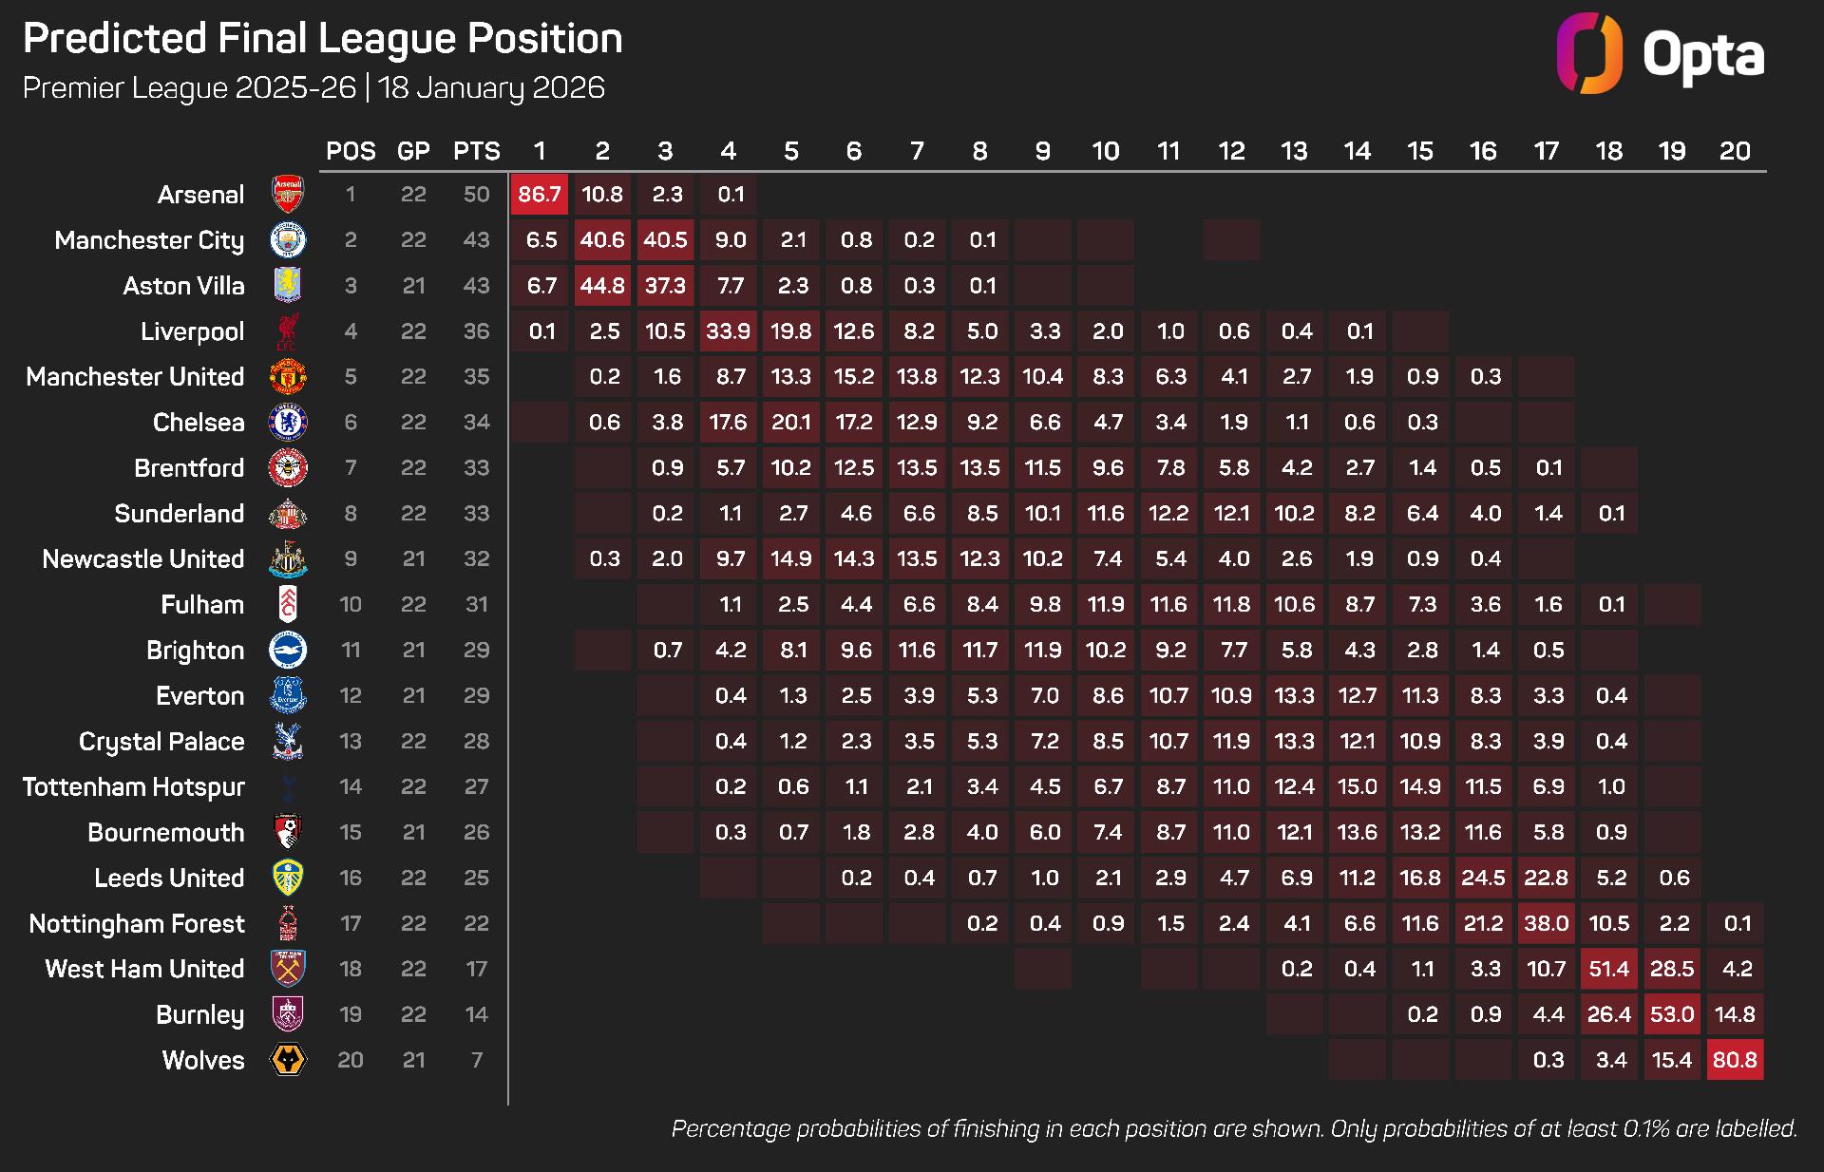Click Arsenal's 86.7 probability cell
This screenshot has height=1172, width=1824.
point(540,195)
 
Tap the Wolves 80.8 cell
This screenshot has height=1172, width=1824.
point(1735,1060)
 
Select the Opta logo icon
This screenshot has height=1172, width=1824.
point(1589,53)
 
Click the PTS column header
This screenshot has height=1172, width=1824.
point(476,151)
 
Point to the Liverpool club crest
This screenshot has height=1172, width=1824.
point(288,331)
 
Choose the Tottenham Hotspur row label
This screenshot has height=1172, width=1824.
point(134,787)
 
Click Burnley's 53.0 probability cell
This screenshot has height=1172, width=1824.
point(1672,1014)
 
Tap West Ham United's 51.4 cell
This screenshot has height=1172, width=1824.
point(1609,969)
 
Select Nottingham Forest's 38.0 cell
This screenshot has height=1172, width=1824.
point(1546,923)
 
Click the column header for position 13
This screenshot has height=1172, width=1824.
point(1294,151)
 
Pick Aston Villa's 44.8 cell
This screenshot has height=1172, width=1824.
point(602,286)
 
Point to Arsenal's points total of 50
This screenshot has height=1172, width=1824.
point(476,195)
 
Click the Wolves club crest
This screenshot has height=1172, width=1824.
point(288,1060)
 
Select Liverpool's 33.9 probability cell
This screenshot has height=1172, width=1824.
point(728,331)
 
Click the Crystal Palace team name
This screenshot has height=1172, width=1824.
point(161,742)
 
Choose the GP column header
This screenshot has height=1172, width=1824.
point(413,151)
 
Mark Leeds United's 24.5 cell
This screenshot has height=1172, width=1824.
point(1483,878)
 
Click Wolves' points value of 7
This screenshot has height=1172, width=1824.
point(476,1060)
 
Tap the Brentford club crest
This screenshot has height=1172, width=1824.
point(288,468)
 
